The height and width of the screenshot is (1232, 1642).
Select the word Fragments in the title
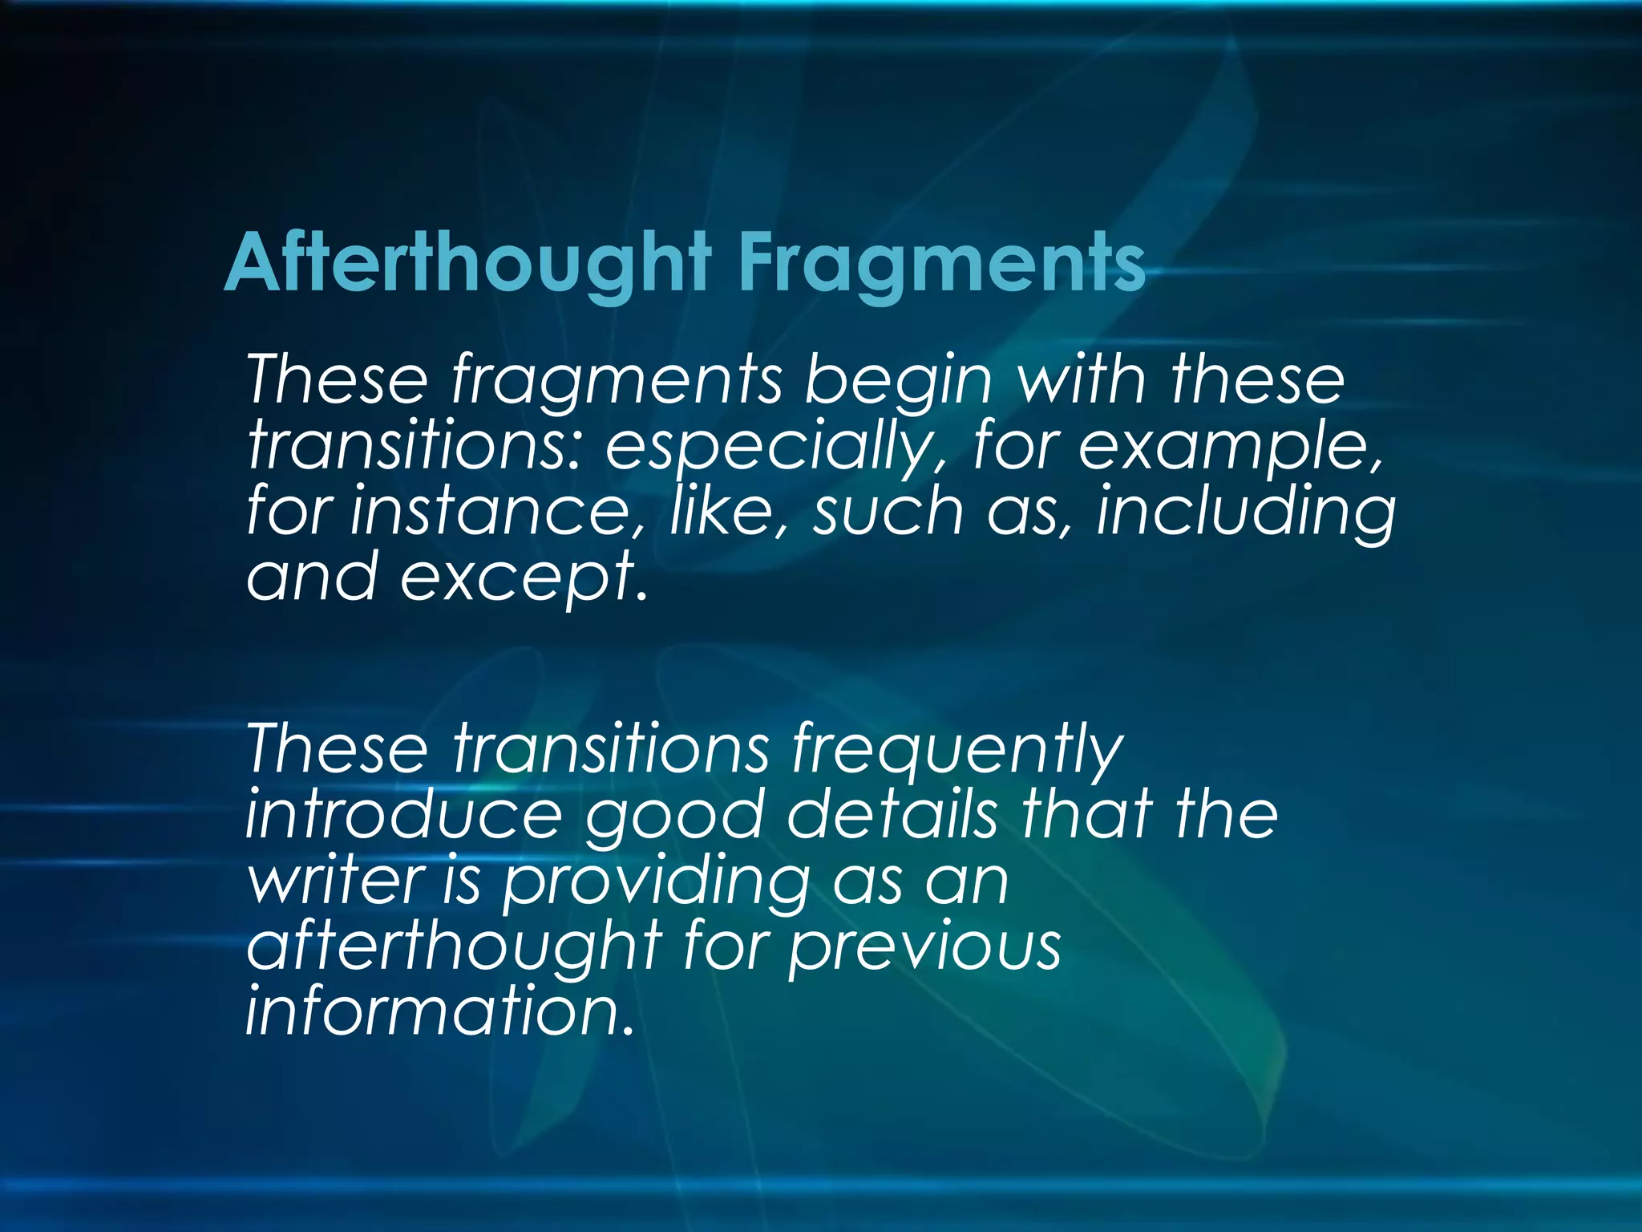click(941, 263)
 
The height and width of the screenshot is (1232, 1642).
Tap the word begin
click(898, 380)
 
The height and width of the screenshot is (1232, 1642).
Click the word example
click(1227, 446)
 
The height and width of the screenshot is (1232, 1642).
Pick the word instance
click(497, 512)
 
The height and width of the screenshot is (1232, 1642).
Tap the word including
click(1246, 512)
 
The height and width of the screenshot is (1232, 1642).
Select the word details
click(892, 815)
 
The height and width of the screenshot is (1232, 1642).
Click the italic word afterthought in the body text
click(454, 946)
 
